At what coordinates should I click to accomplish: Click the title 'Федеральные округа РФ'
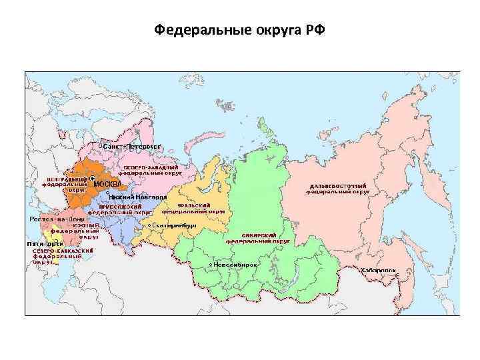pyautogui.click(x=239, y=30)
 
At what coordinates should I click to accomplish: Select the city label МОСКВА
pyautogui.click(x=107, y=183)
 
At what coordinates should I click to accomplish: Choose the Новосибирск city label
pyautogui.click(x=235, y=264)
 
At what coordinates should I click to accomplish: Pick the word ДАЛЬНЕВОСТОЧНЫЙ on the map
pyautogui.click(x=339, y=185)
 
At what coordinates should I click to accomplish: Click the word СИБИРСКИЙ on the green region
pyautogui.click(x=245, y=236)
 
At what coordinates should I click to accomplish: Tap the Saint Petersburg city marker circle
pyautogui.click(x=100, y=145)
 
